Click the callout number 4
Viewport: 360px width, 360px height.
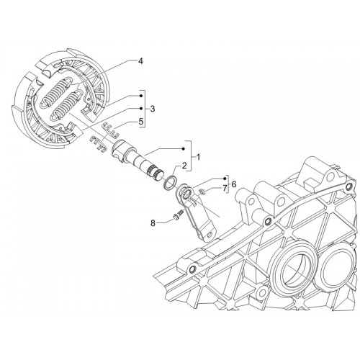click(140, 61)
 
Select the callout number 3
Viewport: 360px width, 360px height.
click(153, 109)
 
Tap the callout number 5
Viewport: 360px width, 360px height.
click(141, 121)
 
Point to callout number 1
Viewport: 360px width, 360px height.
click(198, 157)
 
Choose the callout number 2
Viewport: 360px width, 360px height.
click(184, 166)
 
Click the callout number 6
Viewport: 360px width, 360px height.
click(234, 184)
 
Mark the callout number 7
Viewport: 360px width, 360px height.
click(225, 189)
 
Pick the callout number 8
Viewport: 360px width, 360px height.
click(153, 223)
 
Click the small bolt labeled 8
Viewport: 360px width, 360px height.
click(178, 215)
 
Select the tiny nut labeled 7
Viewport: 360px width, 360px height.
click(202, 192)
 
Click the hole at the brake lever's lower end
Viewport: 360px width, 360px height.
click(210, 234)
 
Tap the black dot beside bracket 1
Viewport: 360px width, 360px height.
click(184, 149)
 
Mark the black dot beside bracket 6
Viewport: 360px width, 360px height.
click(225, 179)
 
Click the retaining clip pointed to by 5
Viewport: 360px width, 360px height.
click(110, 130)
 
